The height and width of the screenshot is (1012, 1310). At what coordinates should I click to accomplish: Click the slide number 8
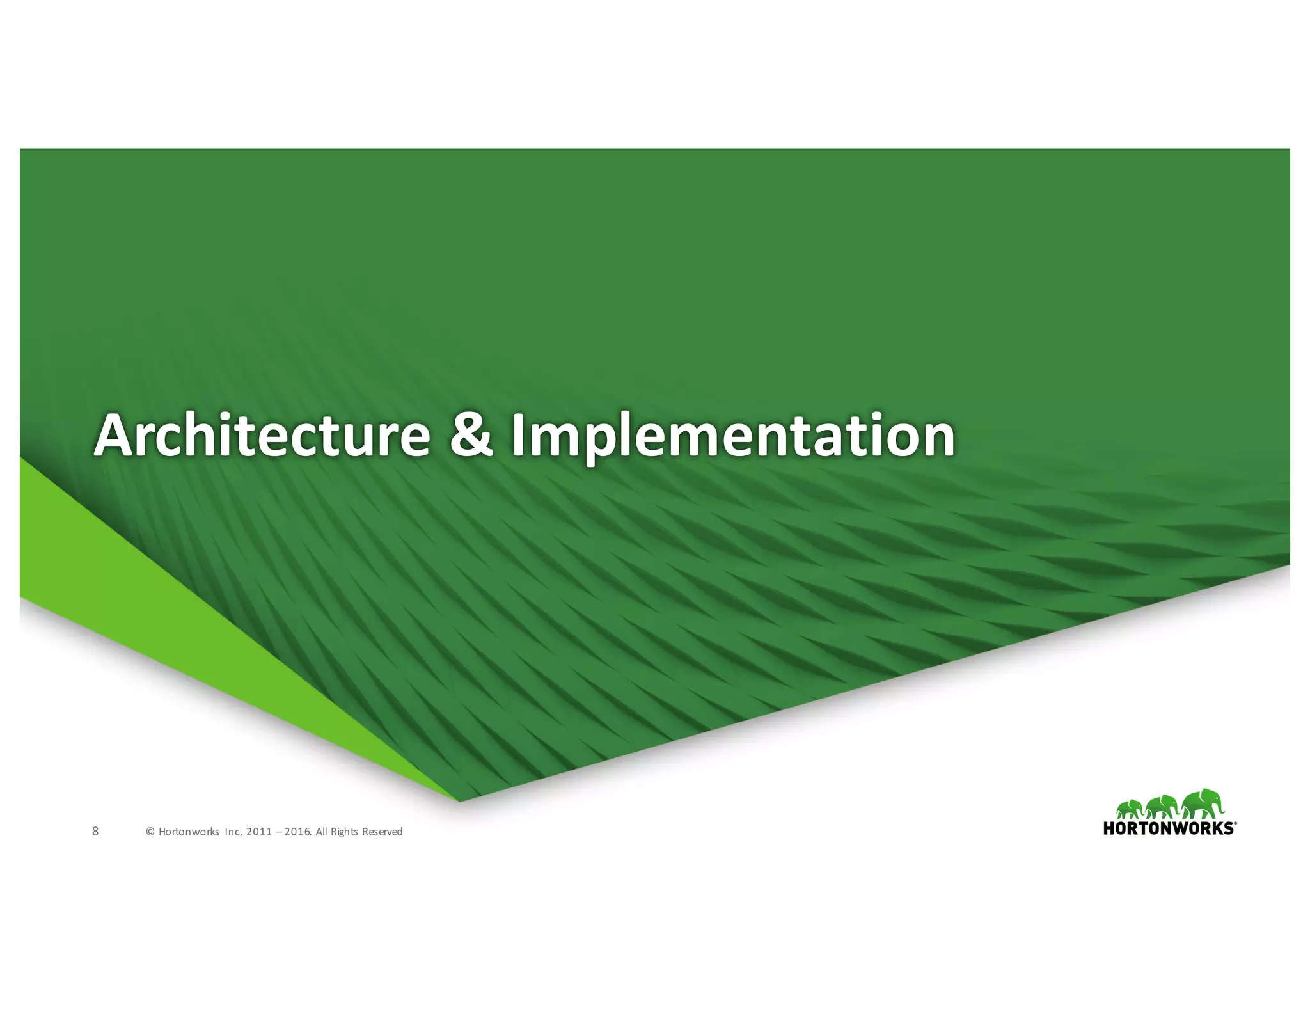(95, 831)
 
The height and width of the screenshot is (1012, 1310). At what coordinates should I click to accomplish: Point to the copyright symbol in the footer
(150, 832)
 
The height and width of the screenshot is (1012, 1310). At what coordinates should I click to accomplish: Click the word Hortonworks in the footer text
(189, 832)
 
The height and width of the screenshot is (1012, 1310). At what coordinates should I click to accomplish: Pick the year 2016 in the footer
(297, 832)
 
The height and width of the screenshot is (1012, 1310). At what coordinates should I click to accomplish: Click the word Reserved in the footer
(383, 832)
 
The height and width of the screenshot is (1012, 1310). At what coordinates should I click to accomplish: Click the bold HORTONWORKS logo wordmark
(1169, 828)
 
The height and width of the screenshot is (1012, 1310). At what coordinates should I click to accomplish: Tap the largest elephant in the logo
(1203, 804)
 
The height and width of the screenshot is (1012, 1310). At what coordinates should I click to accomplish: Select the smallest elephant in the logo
(1131, 809)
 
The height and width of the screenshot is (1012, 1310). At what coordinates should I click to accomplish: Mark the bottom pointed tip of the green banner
(459, 800)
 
